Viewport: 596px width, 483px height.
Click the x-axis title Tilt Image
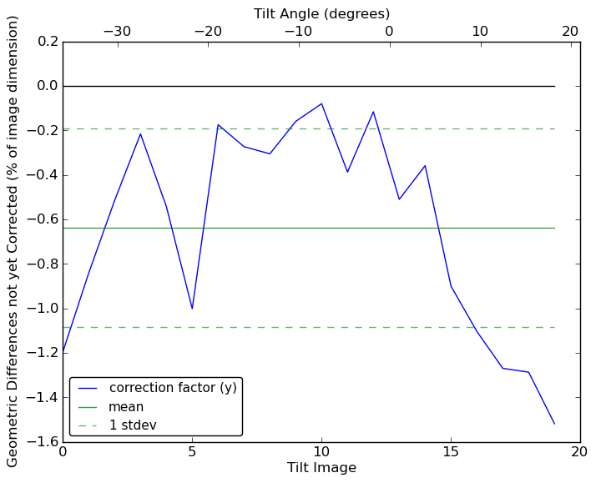[x=321, y=468]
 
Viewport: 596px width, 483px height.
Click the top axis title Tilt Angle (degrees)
[x=321, y=13]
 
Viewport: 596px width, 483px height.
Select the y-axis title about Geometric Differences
[x=13, y=241]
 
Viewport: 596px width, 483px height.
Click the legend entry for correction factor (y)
[x=173, y=388]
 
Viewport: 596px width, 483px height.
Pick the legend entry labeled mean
[x=126, y=407]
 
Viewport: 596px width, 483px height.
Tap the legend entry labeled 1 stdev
[x=133, y=425]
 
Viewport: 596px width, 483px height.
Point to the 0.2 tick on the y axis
[x=48, y=42]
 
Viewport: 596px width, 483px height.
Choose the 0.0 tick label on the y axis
[x=48, y=86]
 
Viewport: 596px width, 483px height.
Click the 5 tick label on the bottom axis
[x=192, y=453]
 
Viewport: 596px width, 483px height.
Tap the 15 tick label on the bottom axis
[x=451, y=453]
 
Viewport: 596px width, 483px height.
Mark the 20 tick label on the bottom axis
[x=580, y=453]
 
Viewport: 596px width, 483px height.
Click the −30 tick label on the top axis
[x=117, y=31]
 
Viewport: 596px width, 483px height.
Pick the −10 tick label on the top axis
[x=298, y=31]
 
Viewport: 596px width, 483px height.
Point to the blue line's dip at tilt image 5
[x=192, y=309]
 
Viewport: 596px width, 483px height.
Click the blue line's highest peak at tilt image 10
[x=321, y=103]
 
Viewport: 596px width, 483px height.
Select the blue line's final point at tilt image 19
[x=554, y=424]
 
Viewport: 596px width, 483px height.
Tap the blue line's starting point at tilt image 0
[x=63, y=353]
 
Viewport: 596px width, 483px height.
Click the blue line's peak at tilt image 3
[x=140, y=133]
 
